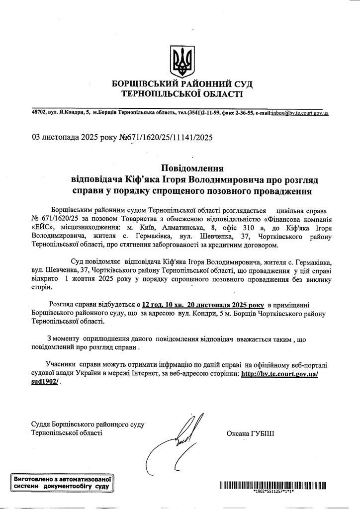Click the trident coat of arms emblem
coord(180,60)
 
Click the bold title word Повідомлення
coord(192,168)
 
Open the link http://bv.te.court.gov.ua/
coord(279,373)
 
